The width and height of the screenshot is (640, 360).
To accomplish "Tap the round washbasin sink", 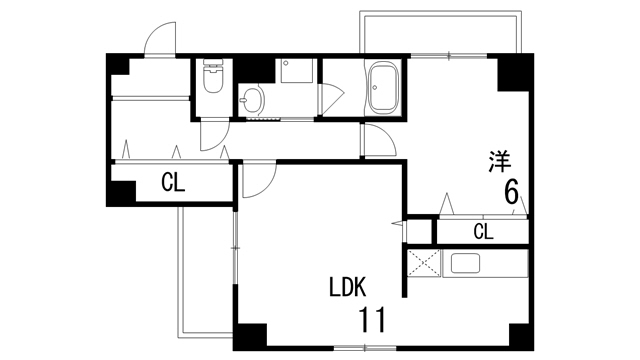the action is [x=252, y=100].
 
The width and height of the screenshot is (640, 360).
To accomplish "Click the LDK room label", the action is [x=348, y=287].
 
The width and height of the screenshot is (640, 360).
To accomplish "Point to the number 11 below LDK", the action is [x=372, y=320].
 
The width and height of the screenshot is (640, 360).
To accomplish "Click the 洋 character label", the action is [x=500, y=162].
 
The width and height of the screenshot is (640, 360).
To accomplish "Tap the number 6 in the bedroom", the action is [x=511, y=192].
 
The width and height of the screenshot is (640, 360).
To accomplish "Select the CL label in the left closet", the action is [x=173, y=182].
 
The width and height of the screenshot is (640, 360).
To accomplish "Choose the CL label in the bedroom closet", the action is [x=484, y=232].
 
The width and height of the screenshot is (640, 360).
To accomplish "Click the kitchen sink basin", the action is [x=465, y=263].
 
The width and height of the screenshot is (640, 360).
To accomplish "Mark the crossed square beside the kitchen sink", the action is [x=424, y=263].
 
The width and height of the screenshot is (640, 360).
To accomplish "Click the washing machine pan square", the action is [x=297, y=71].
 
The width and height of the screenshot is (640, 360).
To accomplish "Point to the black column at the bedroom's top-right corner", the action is [x=515, y=72].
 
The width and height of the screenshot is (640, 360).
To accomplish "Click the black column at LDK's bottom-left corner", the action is [x=250, y=337].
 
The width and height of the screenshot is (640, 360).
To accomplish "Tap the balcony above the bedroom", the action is [x=440, y=32].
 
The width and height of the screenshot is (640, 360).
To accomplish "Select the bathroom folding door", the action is [x=331, y=99].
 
